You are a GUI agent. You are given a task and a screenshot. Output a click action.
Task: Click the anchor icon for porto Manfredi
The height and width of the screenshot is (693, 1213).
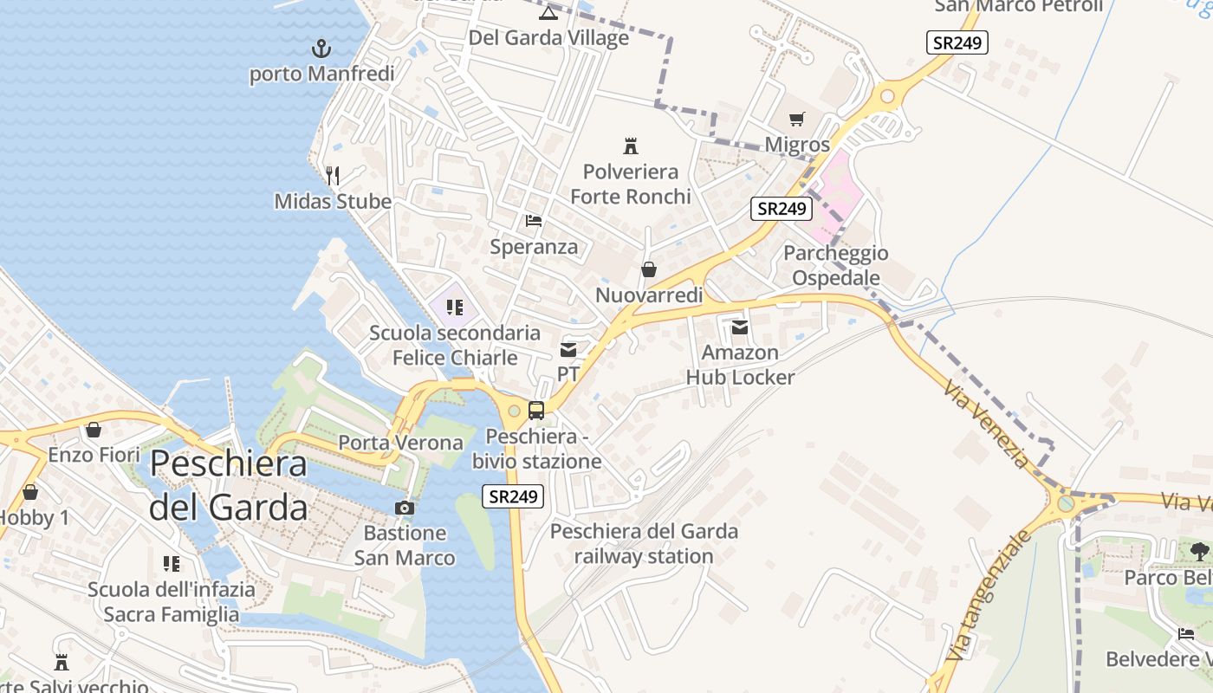coord(321,48)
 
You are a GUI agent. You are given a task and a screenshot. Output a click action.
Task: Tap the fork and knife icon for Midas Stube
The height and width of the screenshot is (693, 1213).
coord(333,176)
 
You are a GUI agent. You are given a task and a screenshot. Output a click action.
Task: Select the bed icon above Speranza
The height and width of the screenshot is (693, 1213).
coord(534,221)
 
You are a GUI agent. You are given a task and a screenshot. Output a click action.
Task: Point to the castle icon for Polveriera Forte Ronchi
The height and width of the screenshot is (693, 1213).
coord(631,146)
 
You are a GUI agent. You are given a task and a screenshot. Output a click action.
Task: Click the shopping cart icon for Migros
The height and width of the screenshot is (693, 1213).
coord(797,119)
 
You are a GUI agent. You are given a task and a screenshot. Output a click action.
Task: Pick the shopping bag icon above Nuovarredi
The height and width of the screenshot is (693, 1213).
coord(648,270)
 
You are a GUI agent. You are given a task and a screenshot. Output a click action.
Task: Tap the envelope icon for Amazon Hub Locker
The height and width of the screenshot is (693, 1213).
coord(740,327)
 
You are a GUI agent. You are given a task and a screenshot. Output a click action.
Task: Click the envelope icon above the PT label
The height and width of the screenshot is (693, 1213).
coord(568,350)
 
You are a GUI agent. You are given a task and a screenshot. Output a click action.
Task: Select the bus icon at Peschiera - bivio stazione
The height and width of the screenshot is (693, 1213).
coord(536,411)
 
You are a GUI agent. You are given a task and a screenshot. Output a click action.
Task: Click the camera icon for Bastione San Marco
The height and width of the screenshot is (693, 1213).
coord(405,508)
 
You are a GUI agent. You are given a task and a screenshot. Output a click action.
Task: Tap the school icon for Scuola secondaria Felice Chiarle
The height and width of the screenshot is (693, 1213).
coord(454,308)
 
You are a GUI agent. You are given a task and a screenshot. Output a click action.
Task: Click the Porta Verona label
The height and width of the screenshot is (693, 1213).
coord(400,443)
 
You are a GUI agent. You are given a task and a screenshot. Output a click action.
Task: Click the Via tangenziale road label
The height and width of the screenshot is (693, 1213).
coord(990,594)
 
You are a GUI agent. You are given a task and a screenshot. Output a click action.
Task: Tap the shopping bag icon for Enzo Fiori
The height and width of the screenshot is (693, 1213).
coord(94,430)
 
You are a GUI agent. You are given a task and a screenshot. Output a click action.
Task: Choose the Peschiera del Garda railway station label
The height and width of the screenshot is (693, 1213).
coord(644,543)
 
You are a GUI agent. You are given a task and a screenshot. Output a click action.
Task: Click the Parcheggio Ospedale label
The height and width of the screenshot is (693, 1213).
coord(836,265)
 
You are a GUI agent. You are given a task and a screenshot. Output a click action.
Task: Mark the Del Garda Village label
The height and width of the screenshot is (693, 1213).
coord(548,38)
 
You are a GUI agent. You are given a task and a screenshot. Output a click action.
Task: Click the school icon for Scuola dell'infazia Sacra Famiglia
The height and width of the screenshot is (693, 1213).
coord(172,564)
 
